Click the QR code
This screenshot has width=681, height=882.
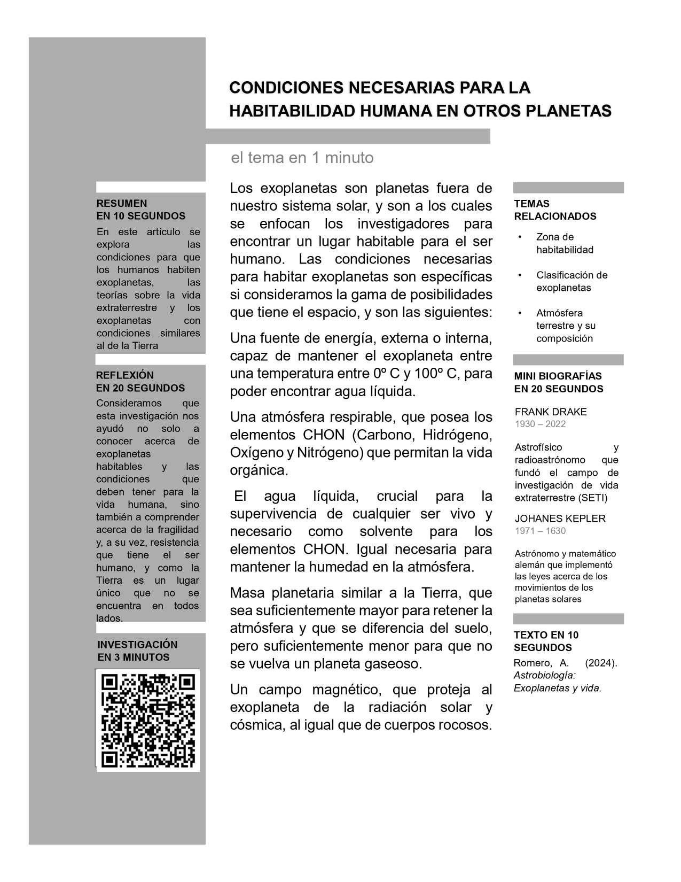click(148, 719)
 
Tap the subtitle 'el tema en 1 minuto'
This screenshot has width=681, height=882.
click(302, 158)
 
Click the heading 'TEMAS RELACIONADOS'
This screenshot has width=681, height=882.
click(555, 210)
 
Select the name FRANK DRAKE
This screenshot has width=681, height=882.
click(551, 412)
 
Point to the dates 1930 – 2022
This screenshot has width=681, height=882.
click(540, 424)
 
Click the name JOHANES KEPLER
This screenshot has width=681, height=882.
click(560, 518)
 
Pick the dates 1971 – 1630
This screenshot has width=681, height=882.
click(540, 531)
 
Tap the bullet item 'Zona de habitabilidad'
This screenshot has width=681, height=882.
click(565, 243)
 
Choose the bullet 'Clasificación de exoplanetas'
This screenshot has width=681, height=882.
click(572, 281)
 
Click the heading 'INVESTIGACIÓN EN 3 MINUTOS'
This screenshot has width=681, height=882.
click(137, 651)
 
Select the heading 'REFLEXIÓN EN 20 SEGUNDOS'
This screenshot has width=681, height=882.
click(140, 382)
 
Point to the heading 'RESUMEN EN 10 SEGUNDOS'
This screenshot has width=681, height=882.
click(141, 210)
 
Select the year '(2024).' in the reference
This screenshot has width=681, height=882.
click(601, 663)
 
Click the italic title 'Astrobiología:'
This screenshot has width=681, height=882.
click(544, 675)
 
